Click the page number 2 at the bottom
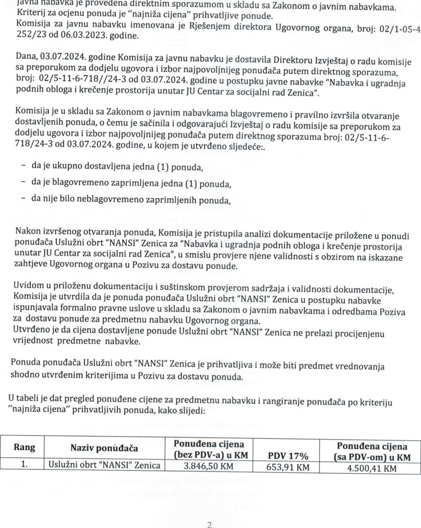tap(209, 525)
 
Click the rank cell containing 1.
tap(24, 464)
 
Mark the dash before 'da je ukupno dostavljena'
tap(24, 167)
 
